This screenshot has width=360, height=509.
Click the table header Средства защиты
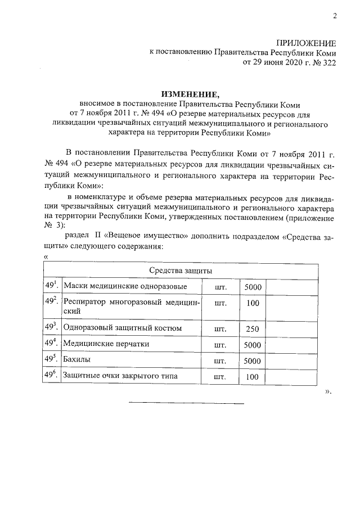point(181,271)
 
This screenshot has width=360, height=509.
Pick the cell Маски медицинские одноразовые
point(125,287)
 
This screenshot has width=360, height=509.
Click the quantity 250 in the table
point(253,328)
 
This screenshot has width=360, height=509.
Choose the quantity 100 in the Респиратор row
point(253,304)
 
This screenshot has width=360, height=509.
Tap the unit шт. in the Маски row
point(220,287)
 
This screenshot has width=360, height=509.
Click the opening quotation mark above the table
point(46,257)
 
